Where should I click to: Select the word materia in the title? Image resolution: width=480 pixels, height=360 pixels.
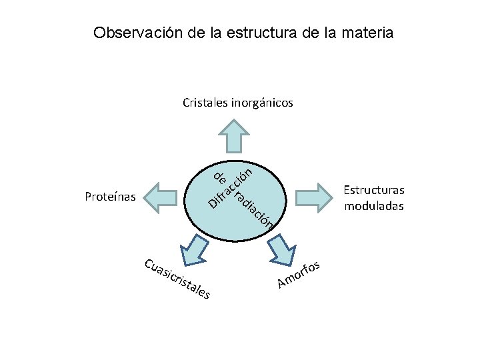[367, 32]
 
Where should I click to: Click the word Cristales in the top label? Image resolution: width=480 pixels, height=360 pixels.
[205, 103]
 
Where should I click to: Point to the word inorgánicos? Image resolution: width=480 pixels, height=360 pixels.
[262, 103]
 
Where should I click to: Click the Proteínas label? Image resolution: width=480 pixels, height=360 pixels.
[110, 197]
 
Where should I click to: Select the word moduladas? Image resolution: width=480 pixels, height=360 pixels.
[374, 205]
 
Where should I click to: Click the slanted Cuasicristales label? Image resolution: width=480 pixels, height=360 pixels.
[177, 277]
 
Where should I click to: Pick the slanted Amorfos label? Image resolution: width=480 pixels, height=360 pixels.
[300, 274]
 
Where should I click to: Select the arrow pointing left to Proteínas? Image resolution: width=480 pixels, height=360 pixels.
[163, 197]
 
